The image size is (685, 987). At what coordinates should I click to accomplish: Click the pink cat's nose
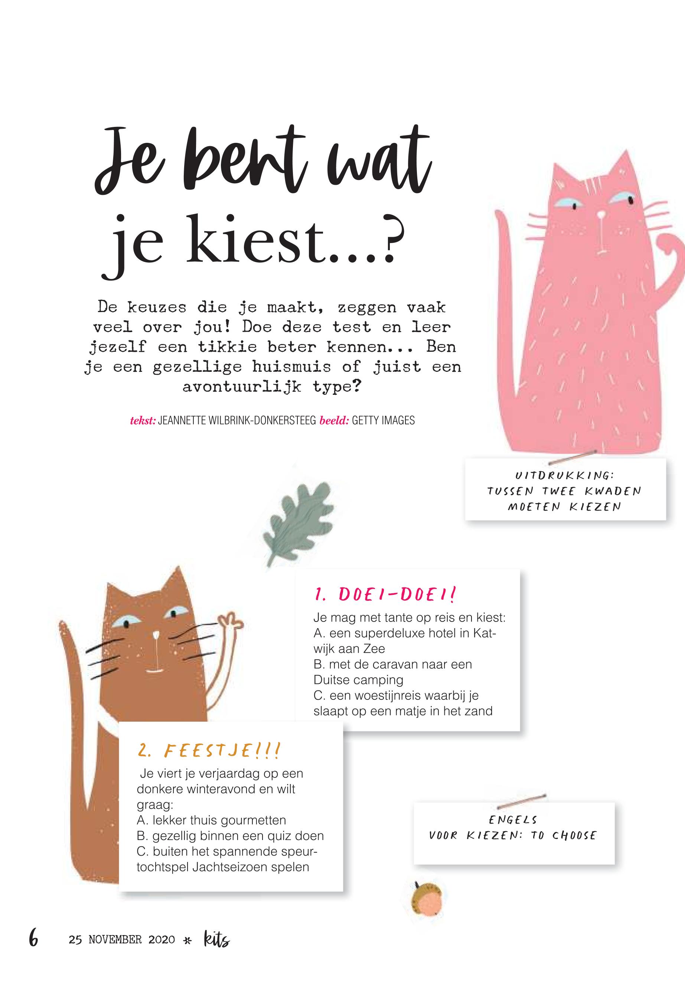pyautogui.click(x=602, y=213)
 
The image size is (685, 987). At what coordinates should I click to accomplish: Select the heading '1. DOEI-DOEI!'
pyautogui.click(x=385, y=594)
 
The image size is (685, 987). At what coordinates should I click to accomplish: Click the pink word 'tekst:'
pyautogui.click(x=143, y=421)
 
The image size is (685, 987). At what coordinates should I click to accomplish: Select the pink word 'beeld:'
pyautogui.click(x=334, y=421)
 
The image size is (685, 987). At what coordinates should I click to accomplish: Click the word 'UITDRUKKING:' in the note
pyautogui.click(x=565, y=476)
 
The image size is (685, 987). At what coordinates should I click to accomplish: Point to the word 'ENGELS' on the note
pyautogui.click(x=513, y=820)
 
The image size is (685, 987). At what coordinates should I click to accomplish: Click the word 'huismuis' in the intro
pyautogui.click(x=291, y=367)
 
